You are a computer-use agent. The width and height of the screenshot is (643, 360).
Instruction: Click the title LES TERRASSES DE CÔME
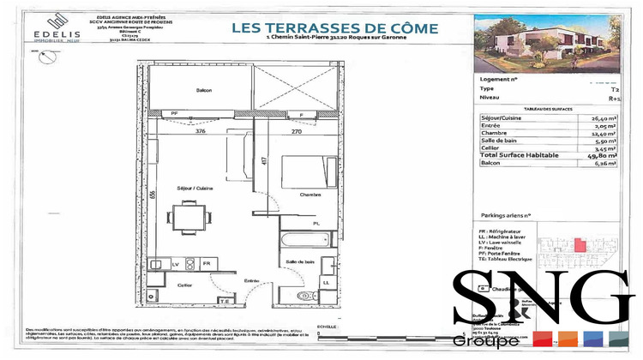pos(334,28)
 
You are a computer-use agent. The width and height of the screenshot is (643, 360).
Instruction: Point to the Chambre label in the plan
pos(309,195)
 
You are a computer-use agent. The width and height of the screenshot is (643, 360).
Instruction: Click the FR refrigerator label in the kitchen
pos(206,263)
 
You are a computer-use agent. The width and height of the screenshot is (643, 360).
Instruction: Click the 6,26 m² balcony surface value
pos(605,159)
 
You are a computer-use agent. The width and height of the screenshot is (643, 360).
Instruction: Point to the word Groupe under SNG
pos(486,341)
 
